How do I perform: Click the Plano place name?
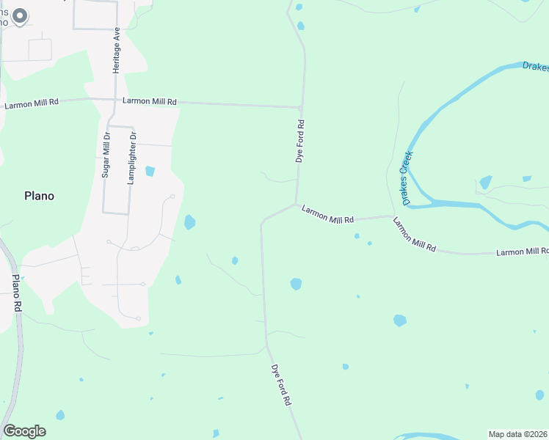tap(40, 196)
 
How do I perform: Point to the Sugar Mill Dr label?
tap(106, 155)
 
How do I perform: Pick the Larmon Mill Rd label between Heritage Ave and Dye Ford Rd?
tap(150, 101)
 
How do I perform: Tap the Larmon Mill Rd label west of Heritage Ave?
tap(32, 104)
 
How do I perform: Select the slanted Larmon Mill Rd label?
tap(415, 235)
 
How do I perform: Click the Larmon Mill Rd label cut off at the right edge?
tap(522, 252)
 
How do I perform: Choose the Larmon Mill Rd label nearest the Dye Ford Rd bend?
tap(327, 214)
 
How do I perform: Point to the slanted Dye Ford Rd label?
tap(282, 385)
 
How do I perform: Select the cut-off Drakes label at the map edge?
tap(536, 67)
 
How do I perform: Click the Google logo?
tap(24, 431)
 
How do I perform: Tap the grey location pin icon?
tap(21, 16)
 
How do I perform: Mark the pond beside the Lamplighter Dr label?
tap(150, 172)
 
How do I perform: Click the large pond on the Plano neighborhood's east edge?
tap(189, 221)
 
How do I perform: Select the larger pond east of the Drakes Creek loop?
tap(485, 182)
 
